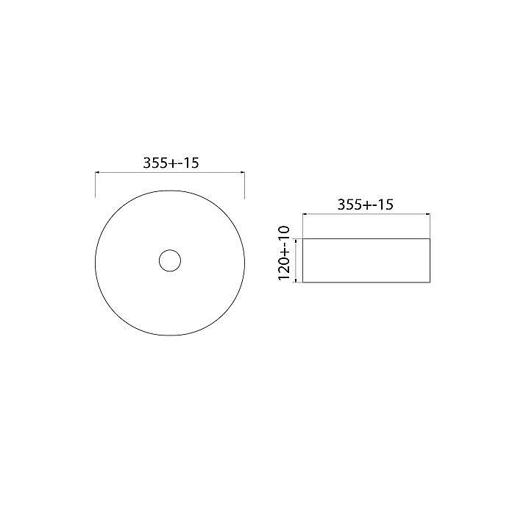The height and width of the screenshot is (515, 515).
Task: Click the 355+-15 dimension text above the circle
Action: point(171,163)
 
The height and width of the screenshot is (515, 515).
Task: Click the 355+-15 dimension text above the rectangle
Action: point(366,205)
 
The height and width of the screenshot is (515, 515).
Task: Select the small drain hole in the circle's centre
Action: point(170,260)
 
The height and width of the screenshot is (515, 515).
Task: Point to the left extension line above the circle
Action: point(96,185)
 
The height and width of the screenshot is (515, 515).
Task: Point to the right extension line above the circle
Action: point(244,185)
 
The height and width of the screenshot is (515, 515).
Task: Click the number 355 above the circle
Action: point(155,163)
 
